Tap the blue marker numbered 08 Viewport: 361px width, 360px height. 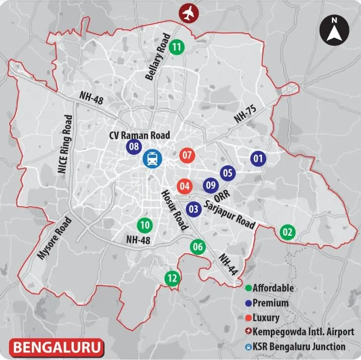pyautogui.click(x=133, y=146)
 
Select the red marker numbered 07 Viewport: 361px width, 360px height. pyautogui.click(x=187, y=155)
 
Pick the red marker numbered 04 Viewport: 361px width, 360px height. pyautogui.click(x=184, y=187)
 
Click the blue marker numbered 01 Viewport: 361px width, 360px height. pyautogui.click(x=257, y=159)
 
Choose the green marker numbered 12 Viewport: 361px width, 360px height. pyautogui.click(x=172, y=279)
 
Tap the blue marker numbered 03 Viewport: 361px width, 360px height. pyautogui.click(x=194, y=209)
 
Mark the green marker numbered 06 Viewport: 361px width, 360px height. pyautogui.click(x=198, y=246)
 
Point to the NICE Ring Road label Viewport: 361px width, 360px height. pyautogui.click(x=65, y=144)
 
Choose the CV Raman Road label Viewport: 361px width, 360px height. pyautogui.click(x=140, y=135)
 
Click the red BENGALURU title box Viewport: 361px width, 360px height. pyautogui.click(x=55, y=346)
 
